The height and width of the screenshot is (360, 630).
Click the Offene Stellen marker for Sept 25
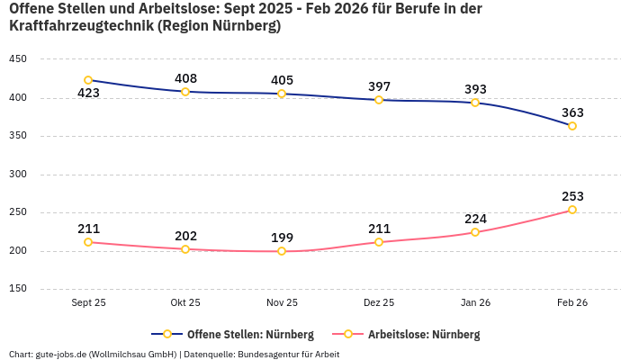point(88,80)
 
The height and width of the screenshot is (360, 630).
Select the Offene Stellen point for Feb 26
point(572,126)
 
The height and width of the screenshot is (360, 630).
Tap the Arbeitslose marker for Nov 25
point(282,251)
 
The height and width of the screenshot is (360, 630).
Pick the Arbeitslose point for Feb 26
point(572,210)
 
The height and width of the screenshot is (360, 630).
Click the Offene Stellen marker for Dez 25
point(379,100)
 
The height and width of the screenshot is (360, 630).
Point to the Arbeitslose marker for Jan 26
point(475,232)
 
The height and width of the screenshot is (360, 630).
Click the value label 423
point(88,94)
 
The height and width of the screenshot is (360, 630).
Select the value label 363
point(572,112)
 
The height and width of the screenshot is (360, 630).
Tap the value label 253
point(572,196)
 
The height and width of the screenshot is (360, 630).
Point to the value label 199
point(282,238)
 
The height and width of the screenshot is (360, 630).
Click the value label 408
point(185,78)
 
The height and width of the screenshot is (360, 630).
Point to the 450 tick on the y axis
point(18,59)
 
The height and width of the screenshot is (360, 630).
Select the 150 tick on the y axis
point(18,289)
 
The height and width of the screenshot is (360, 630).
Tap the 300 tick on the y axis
point(18,175)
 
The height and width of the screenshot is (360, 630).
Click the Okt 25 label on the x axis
point(185,303)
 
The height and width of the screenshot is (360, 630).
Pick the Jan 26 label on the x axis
point(475,303)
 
